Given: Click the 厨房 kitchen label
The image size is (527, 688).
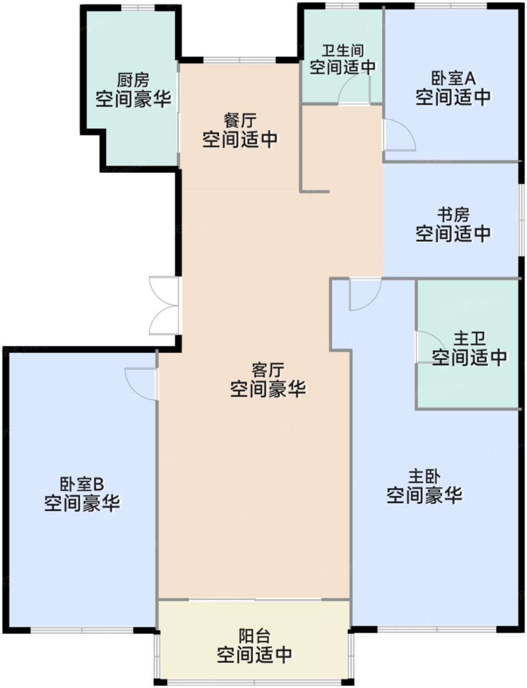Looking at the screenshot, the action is tap(133, 80).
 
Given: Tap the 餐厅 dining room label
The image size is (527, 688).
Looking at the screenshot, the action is tap(240, 120).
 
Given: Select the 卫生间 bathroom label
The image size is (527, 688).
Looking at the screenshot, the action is tap(343, 51).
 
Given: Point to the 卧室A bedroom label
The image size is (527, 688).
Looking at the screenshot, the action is tap(453, 78).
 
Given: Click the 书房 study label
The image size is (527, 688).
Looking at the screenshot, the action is tap(453, 215).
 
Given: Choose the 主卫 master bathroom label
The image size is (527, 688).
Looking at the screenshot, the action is tap(469, 339).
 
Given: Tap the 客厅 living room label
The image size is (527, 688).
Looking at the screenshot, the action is tap(268, 370).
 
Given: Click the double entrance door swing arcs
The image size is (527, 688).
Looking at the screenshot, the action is tap(164, 306).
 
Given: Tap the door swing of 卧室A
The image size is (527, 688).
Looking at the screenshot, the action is tap(400, 135).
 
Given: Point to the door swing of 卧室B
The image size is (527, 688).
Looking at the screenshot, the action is tap(141, 384).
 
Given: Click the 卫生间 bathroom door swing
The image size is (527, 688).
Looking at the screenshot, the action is tap(354, 88).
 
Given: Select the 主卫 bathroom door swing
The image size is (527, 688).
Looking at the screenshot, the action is tap(431, 346).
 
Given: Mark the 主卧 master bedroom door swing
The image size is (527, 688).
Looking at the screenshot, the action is tap(365, 294).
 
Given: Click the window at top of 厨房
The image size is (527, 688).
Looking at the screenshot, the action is tap(138, 7).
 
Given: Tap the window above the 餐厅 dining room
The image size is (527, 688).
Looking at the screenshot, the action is tap(239, 60).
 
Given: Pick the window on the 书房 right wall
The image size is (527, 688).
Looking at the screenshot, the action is tap(521, 220).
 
